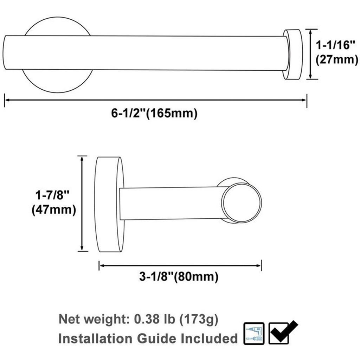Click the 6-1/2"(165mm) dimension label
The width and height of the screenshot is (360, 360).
pyautogui.click(x=154, y=114)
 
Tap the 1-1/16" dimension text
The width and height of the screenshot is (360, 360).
pyautogui.click(x=336, y=45)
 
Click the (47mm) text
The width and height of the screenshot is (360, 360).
pyautogui.click(x=53, y=210)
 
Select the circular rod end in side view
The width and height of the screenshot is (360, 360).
pyautogui.click(x=242, y=203)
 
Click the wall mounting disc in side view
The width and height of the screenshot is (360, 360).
pyautogui.click(x=109, y=204)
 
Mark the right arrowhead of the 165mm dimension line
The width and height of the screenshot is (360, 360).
pyautogui.click(x=304, y=100)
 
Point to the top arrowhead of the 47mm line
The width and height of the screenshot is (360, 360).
pyautogui.click(x=82, y=158)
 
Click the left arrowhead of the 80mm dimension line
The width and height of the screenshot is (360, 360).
pyautogui.click(x=101, y=265)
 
